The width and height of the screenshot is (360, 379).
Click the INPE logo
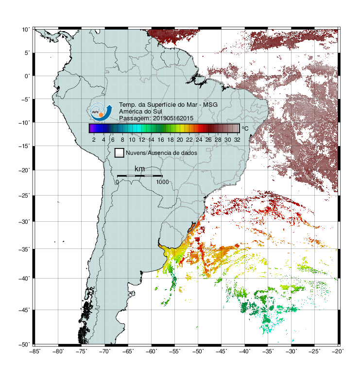coord(101,112)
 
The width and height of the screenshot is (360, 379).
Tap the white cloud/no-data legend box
coord(120,153)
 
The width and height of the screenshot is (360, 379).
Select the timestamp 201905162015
coord(173,118)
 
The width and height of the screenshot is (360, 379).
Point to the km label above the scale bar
coord(139,169)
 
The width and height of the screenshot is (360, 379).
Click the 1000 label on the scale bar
coord(162,182)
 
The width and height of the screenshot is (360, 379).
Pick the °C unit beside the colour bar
coord(245,128)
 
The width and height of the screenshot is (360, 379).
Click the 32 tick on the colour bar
coord(237,140)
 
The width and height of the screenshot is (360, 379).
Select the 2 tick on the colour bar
coord(94,140)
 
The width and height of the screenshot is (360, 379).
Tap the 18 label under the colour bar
coord(171,140)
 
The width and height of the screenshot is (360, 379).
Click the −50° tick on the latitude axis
coord(24,345)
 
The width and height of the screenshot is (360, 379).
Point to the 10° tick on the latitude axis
coord(26,30)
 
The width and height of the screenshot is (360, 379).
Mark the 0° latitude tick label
coord(27,76)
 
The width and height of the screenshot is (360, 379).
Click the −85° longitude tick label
coord(35,351)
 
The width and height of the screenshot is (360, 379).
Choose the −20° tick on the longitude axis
coord(338,351)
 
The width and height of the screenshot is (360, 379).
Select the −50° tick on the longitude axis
coord(198,351)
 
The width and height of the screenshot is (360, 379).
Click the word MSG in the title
coord(210,105)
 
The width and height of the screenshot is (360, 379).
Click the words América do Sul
coord(140,112)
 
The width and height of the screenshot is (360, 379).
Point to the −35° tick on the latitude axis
coord(24,249)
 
